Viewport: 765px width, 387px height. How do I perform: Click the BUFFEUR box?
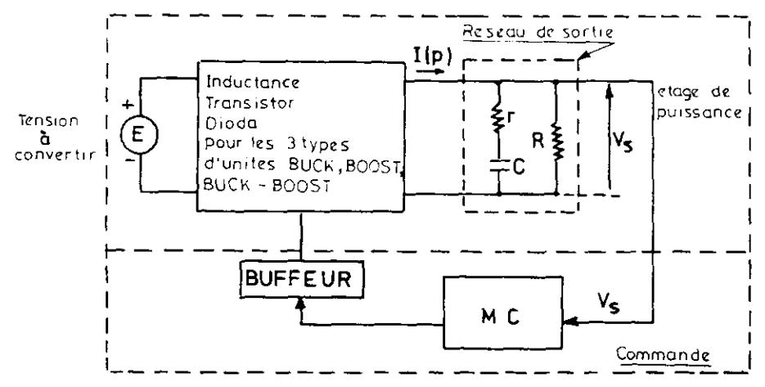pos(302,279)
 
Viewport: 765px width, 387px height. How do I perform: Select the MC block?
pos(502,313)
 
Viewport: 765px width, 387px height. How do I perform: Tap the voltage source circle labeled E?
pos(139,135)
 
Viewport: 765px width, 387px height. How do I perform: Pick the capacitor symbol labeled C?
pos(498,166)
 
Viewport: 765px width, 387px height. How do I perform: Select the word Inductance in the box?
pos(253,82)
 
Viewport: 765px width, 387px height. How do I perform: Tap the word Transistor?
pos(250,103)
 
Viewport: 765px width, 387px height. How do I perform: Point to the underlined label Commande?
pos(663,354)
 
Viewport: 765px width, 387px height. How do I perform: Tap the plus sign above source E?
pos(128,104)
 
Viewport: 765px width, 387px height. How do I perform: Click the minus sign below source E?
pos(128,160)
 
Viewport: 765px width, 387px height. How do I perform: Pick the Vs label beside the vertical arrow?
pos(623,142)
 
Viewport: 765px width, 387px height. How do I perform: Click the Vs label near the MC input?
pos(609,304)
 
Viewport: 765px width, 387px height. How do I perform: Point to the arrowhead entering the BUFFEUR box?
pos(299,303)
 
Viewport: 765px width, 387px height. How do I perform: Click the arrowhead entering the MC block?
pos(569,322)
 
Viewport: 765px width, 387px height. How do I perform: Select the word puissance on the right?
pos(698,113)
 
